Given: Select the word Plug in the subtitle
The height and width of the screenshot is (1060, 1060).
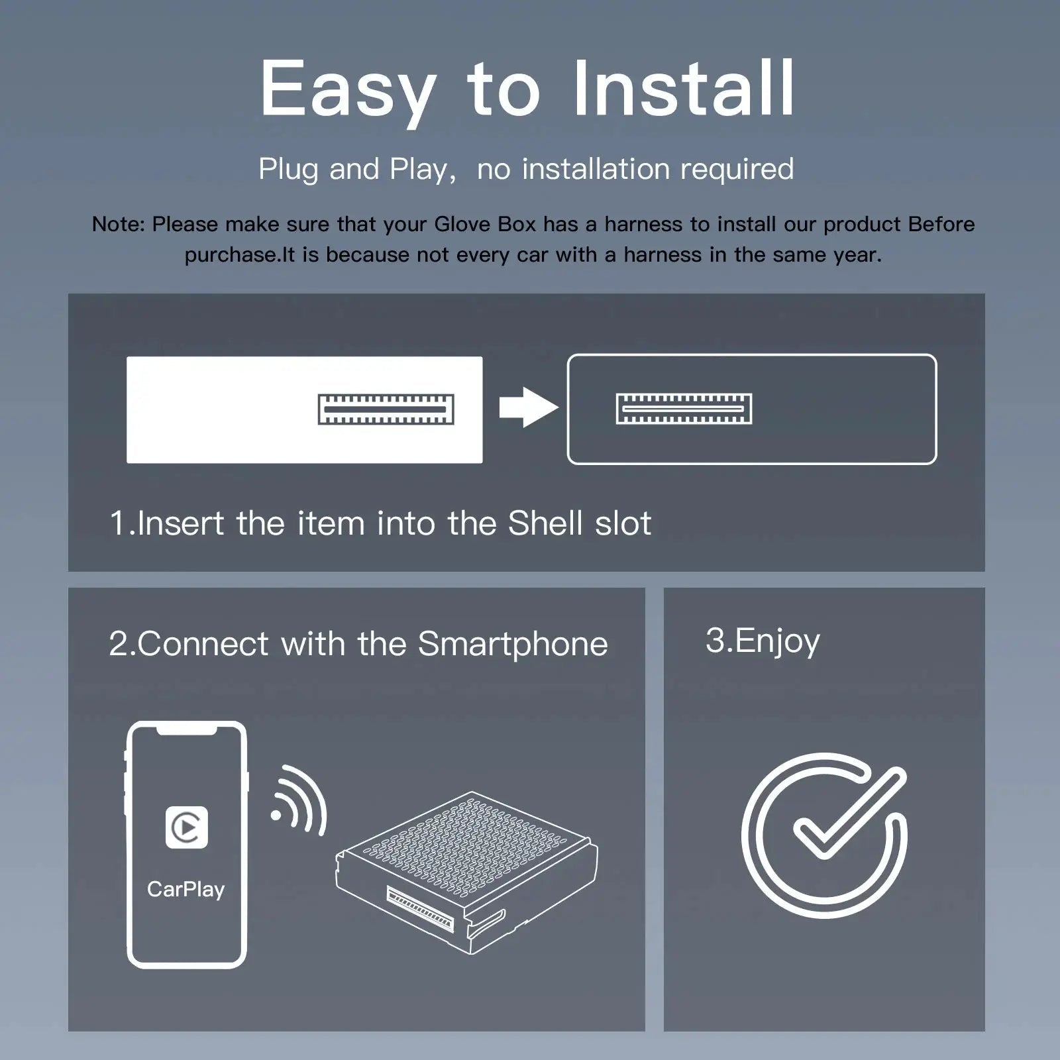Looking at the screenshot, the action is point(288,170).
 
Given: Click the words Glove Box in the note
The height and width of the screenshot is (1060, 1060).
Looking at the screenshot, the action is point(485,224).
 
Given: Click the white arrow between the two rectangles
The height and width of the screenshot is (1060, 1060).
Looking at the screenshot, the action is point(528,407).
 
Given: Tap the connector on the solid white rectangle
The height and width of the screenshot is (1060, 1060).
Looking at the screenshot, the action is point(386,409).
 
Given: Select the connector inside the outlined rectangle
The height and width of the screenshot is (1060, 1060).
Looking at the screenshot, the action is point(684,409).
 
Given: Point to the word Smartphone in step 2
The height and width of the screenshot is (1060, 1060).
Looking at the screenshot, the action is point(513,645).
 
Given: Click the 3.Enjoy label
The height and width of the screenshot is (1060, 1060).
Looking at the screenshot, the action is point(763,641).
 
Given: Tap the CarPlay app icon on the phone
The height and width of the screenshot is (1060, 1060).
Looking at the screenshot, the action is point(187,827).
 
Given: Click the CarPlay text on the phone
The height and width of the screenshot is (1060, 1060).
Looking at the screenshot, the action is point(185,890).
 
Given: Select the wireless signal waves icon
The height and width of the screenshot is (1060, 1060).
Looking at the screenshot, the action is point(299,800).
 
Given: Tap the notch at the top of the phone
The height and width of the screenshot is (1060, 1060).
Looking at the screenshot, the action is point(187,729).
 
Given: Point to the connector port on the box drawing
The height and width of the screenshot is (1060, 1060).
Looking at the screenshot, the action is point(420,910).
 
